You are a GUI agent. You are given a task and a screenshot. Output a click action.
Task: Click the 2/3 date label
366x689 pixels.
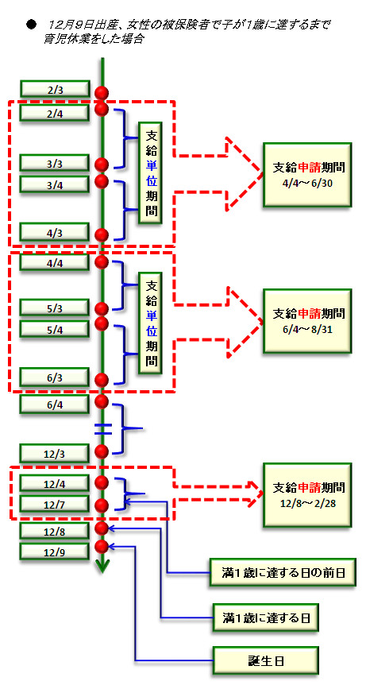point(56,88)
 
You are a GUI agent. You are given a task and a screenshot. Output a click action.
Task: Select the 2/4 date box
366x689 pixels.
point(56,113)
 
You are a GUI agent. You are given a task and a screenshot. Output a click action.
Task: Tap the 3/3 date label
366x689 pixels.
point(56,164)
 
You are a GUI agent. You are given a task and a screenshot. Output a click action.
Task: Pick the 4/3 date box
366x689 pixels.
point(56,231)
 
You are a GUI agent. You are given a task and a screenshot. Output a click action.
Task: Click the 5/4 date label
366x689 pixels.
point(56,329)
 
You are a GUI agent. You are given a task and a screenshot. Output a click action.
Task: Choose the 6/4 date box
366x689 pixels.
point(56,404)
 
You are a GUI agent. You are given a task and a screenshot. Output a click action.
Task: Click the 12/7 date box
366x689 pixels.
point(56,504)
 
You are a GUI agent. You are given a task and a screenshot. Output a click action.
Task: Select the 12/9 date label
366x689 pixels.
point(56,552)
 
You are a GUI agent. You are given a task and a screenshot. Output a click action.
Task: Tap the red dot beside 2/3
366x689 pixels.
point(102,92)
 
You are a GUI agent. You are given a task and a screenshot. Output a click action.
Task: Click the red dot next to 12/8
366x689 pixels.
point(102,528)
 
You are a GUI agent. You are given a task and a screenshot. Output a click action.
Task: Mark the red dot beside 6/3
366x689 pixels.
point(102,379)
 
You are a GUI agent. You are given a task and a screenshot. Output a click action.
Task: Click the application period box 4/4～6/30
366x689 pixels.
point(307,175)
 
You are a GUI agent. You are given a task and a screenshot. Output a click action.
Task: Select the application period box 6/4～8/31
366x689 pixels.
point(307,321)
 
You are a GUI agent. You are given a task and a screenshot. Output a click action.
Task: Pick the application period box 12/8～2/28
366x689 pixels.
point(307,495)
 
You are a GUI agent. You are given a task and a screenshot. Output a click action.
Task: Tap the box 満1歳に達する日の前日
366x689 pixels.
point(281,572)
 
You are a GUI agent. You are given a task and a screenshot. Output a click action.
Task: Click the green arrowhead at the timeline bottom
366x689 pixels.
point(102,567)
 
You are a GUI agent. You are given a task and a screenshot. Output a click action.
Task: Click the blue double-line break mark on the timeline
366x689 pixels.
point(103,429)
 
